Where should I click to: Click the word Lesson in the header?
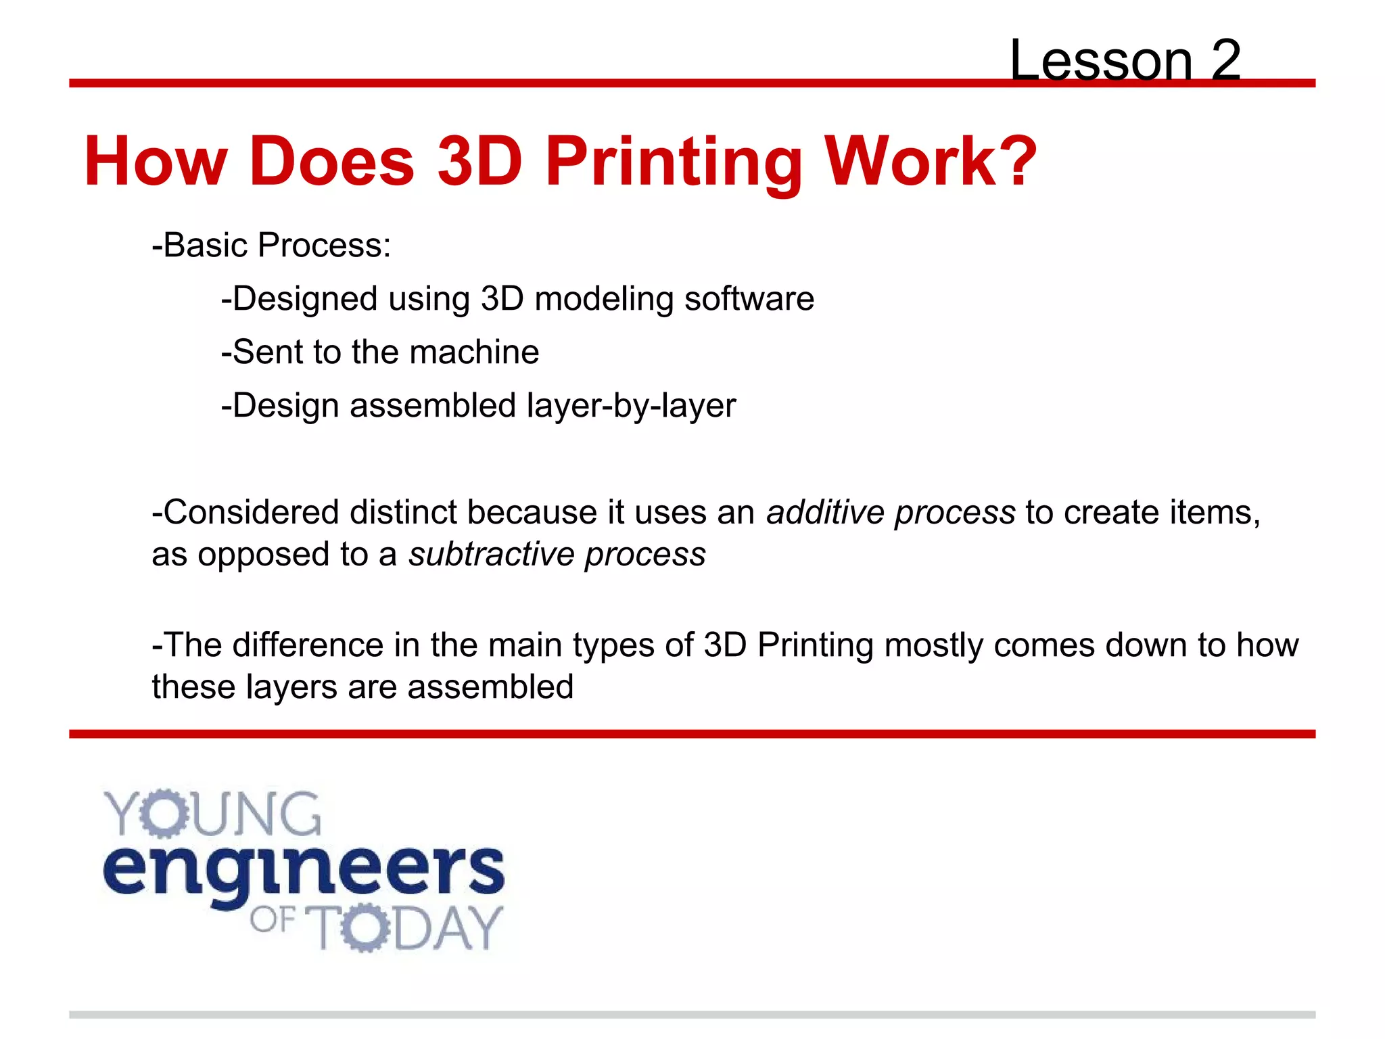pyautogui.click(x=1101, y=61)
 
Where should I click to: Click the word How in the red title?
pyautogui.click(x=156, y=162)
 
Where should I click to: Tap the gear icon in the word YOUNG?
pyautogui.click(x=163, y=813)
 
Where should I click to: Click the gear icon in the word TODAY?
pyautogui.click(x=365, y=927)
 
